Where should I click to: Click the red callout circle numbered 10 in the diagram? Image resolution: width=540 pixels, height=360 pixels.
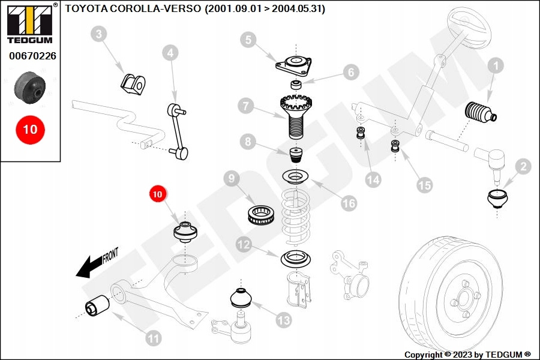click(157, 194)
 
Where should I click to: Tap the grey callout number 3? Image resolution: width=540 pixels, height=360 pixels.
click(100, 34)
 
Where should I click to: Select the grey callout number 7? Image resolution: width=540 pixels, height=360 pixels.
click(245, 107)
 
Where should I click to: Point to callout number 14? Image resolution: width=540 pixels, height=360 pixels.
click(374, 179)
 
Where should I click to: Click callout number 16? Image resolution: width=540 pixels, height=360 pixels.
click(349, 203)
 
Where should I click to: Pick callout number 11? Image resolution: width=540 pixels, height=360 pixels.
click(154, 338)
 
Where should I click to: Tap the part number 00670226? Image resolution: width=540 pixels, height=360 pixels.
click(32, 56)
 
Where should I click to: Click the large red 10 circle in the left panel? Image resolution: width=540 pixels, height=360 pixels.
click(30, 129)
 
